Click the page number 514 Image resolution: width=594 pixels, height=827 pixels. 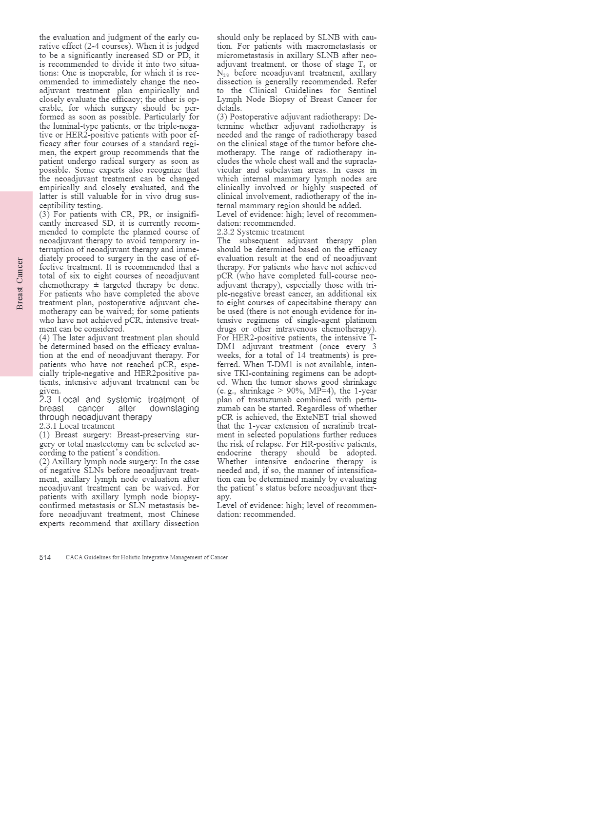coord(45,557)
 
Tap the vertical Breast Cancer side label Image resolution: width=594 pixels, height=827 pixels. coord(20,284)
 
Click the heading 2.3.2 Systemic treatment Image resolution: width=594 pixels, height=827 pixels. coord(260,232)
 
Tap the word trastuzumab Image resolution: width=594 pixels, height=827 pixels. coord(270,400)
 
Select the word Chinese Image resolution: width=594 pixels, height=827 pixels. coord(185,514)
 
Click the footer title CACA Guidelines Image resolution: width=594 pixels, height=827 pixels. coord(146,557)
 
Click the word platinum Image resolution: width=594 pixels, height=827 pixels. coord(361,320)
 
